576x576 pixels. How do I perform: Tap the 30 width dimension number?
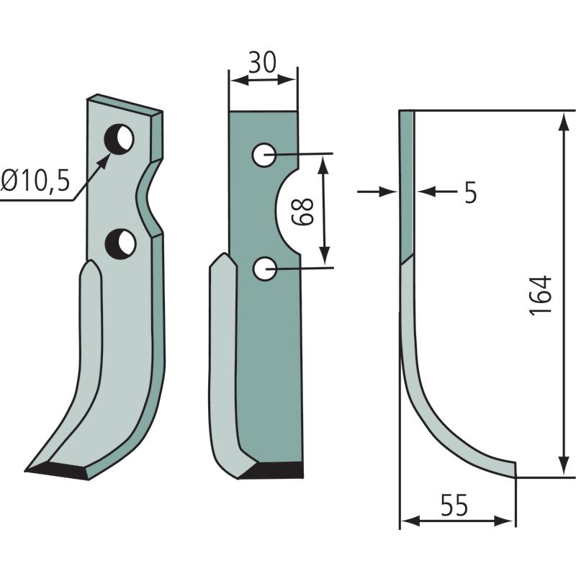pyautogui.click(x=262, y=62)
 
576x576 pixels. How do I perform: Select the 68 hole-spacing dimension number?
pyautogui.click(x=302, y=212)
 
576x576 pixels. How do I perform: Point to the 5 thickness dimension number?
pyautogui.click(x=470, y=192)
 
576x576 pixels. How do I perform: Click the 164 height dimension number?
pyautogui.click(x=541, y=295)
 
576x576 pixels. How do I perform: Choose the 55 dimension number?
pyautogui.click(x=454, y=505)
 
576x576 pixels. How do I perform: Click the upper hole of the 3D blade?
pyautogui.click(x=119, y=139)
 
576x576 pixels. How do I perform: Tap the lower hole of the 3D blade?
pyautogui.click(x=120, y=243)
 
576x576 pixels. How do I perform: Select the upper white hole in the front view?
pyautogui.click(x=264, y=155)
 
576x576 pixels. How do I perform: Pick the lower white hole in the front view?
pyautogui.click(x=264, y=269)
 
